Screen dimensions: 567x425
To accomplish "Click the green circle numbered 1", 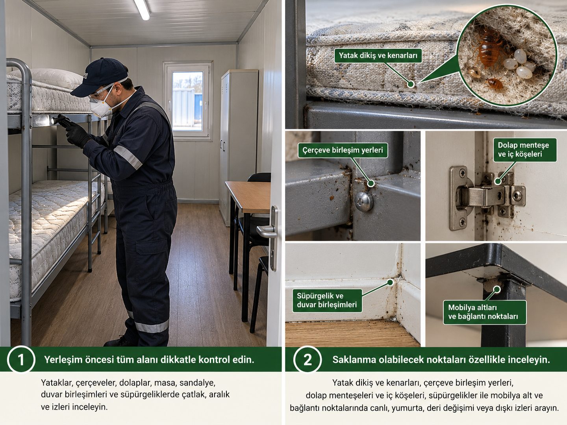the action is pos(21,359).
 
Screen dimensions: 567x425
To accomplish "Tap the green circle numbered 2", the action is pos(308,359).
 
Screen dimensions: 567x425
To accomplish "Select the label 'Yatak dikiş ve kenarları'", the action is pos(378,55).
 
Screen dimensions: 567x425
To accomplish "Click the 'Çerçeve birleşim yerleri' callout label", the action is pos(343,150).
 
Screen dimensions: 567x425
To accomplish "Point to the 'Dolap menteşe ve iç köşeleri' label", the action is pos(524,150).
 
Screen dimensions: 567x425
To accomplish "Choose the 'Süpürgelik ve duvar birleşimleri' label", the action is pos(327,300).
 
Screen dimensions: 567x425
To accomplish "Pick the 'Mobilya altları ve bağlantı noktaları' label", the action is pos(485,312).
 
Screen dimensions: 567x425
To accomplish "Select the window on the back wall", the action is pos(188,101).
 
